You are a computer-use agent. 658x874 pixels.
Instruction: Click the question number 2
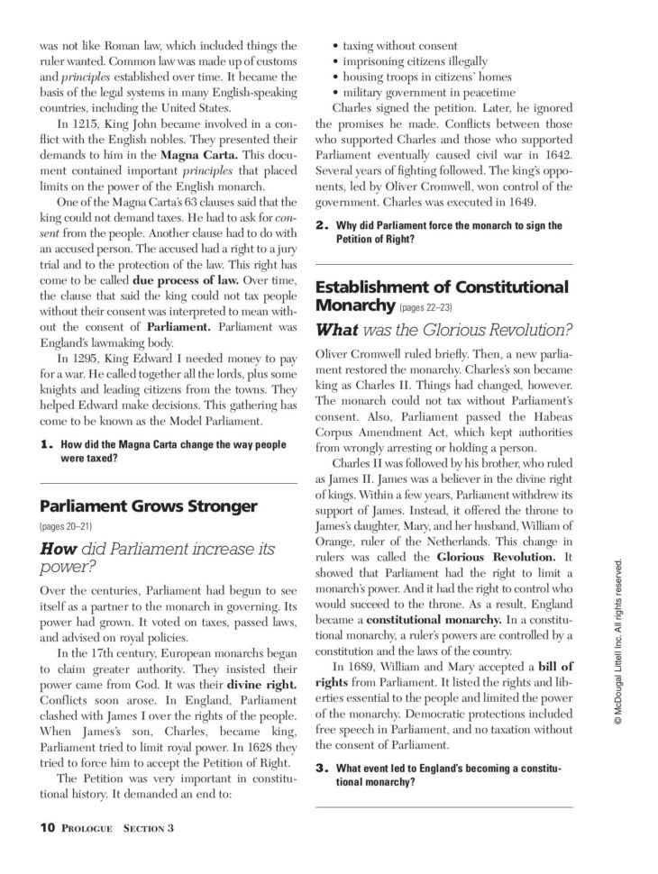[321, 225]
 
